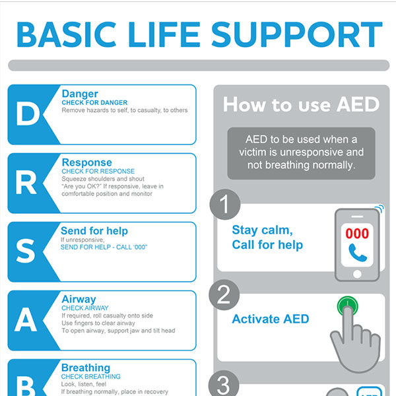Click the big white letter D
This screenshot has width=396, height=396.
click(x=28, y=115)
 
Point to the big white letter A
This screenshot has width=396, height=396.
click(x=26, y=320)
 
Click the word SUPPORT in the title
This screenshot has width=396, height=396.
click(x=297, y=34)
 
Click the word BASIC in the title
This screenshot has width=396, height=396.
click(x=66, y=34)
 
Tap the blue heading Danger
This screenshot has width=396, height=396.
click(x=80, y=94)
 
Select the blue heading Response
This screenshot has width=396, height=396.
click(x=87, y=162)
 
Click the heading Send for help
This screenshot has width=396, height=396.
click(x=94, y=231)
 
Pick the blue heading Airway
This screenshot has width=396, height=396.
click(x=79, y=300)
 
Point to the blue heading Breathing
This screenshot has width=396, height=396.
click(x=86, y=368)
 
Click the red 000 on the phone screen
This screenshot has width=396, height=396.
click(x=357, y=234)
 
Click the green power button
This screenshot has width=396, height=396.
click(x=348, y=306)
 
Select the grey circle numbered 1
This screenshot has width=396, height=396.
click(x=225, y=204)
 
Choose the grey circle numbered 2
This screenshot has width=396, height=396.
click(x=224, y=295)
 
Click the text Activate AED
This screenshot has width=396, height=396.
click(x=271, y=319)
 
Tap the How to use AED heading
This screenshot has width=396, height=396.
click(x=302, y=104)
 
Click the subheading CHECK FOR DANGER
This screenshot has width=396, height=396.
click(x=94, y=102)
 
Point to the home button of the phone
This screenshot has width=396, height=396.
click(x=357, y=274)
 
